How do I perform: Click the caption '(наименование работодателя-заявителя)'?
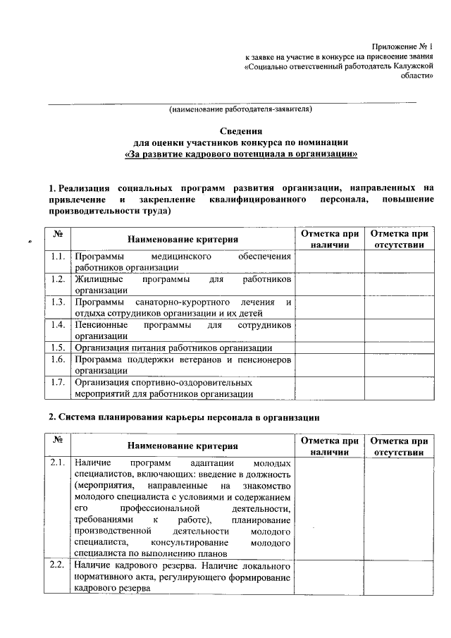tap(240, 109)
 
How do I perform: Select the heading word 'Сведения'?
tap(240, 131)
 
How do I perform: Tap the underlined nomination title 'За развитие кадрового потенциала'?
tap(240, 154)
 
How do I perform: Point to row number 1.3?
tap(58, 302)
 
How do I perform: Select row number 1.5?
tap(58, 348)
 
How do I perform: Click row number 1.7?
tap(58, 382)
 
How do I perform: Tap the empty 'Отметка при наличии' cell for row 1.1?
tap(330, 262)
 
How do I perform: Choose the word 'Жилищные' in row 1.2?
tap(97, 279)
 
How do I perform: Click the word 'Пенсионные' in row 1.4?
tap(101, 325)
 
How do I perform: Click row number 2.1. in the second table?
tap(58, 462)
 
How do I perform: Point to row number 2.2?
tap(58, 565)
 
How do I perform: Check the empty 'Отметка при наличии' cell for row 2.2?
tap(330, 577)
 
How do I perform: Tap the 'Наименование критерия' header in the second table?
tap(183, 446)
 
